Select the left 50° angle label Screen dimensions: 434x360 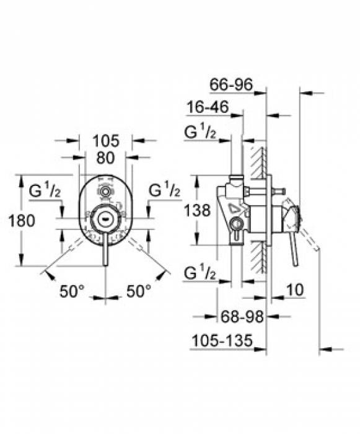coord(72,290)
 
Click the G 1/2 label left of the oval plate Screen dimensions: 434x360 coord(44,190)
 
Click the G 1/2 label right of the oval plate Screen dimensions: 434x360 coord(164,190)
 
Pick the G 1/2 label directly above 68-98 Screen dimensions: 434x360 coord(200,273)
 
